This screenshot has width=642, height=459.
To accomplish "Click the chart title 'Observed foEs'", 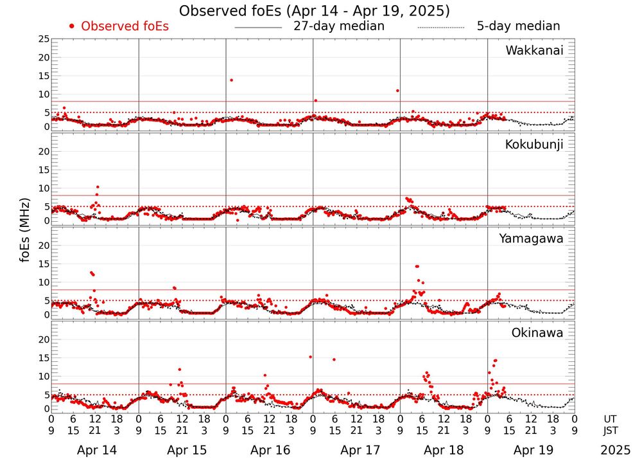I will pyautogui.click(x=314, y=11).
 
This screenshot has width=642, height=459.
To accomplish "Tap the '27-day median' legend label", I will pyautogui.click(x=339, y=26).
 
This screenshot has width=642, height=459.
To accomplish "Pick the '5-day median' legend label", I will pyautogui.click(x=518, y=26).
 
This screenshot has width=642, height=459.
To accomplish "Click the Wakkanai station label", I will pyautogui.click(x=534, y=51).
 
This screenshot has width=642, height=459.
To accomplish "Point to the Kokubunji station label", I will pyautogui.click(x=534, y=145).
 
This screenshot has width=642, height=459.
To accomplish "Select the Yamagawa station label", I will pyautogui.click(x=532, y=239).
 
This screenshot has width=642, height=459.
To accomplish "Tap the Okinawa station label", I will pyautogui.click(x=537, y=332).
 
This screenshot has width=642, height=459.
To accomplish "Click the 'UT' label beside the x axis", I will pyautogui.click(x=611, y=419).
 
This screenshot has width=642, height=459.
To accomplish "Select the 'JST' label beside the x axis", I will pyautogui.click(x=611, y=431).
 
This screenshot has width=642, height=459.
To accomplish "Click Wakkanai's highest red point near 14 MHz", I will pyautogui.click(x=231, y=80).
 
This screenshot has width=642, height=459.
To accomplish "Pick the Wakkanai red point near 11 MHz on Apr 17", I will pyautogui.click(x=398, y=91).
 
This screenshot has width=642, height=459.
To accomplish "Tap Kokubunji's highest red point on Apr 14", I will pyautogui.click(x=97, y=187).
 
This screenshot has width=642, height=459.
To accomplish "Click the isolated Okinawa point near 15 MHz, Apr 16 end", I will pyautogui.click(x=310, y=357).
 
